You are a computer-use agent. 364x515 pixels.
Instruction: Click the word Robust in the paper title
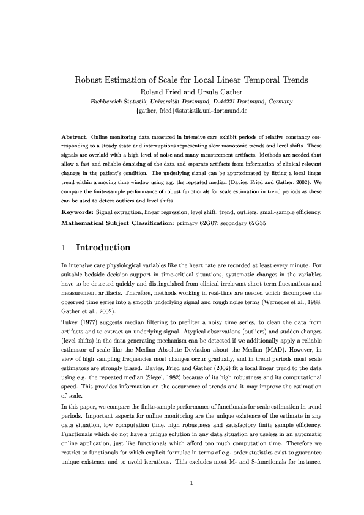pyautogui.click(x=89, y=80)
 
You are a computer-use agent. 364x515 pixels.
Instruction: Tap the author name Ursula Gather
pyautogui.click(x=207, y=91)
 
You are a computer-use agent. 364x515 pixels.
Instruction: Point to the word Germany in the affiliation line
pyautogui.click(x=278, y=101)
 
